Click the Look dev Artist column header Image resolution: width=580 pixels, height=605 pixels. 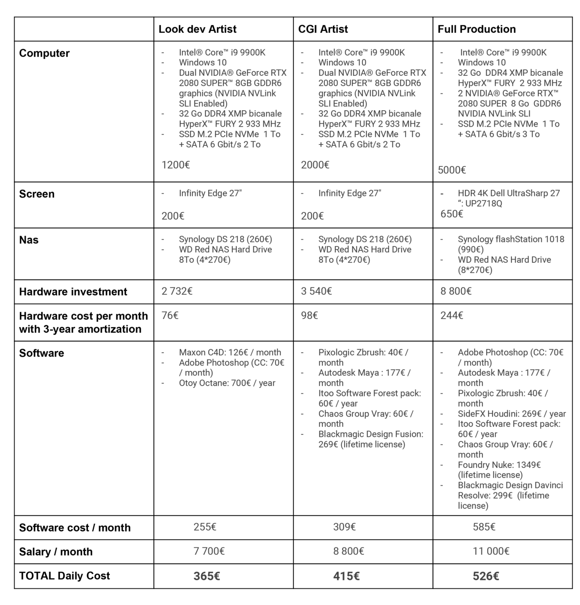click(197, 29)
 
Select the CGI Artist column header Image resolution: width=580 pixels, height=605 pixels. click(323, 29)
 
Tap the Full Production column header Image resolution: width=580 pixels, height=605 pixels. click(477, 29)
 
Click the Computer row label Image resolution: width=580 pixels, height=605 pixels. click(44, 54)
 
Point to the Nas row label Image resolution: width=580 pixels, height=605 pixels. click(29, 240)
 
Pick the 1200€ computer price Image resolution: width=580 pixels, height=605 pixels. click(175, 165)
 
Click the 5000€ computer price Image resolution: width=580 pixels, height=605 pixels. click(452, 170)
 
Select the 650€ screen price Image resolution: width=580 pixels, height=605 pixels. click(451, 214)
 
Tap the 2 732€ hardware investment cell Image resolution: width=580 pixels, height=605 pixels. click(177, 291)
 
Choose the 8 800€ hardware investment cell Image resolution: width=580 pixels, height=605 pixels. click(456, 291)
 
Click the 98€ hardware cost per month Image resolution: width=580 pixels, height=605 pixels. click(309, 316)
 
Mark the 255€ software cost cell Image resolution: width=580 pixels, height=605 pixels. click(205, 527)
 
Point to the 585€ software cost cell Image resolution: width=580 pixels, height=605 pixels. click(484, 527)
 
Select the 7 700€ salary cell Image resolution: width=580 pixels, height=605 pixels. click(209, 551)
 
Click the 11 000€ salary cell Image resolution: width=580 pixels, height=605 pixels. click(491, 551)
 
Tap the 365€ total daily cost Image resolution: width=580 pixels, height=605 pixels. click(206, 576)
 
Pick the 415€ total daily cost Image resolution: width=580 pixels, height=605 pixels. click(346, 576)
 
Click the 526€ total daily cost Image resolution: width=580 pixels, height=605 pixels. click(486, 576)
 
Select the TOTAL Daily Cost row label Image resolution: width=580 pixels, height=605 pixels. click(64, 576)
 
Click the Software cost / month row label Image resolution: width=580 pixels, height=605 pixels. click(75, 528)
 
